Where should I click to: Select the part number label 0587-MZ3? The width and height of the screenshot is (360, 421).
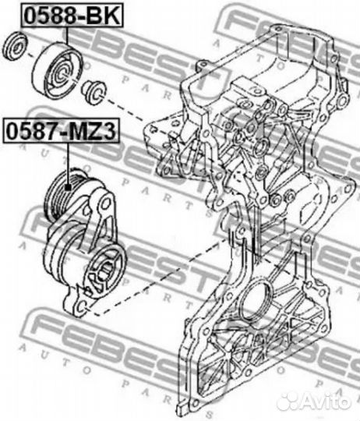coord(60,130)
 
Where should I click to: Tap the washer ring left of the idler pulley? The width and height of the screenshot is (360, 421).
coord(14,46)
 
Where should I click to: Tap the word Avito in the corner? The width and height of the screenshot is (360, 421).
coord(327,401)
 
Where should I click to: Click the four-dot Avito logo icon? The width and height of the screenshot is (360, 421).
coord(289,401)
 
